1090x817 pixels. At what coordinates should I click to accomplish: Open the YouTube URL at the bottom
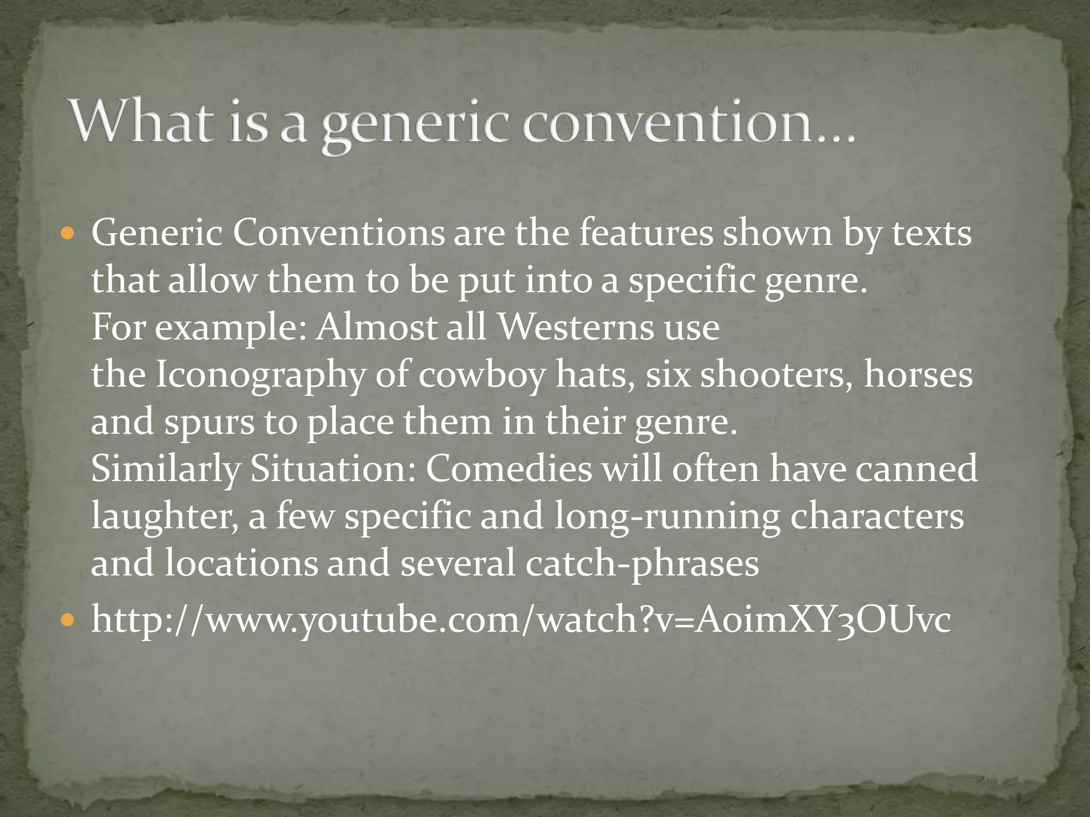point(521,620)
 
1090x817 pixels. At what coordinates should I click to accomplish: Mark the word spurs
point(209,422)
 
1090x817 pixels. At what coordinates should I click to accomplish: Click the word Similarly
point(165,469)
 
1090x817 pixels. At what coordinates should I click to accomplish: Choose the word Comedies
point(508,469)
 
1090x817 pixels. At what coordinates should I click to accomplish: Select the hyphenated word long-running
point(666,516)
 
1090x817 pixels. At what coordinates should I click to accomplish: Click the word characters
point(877,516)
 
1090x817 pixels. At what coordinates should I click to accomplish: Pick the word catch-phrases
point(642,563)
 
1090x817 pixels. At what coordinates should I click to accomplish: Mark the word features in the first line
point(646,234)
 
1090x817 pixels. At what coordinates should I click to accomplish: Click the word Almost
point(376,327)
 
